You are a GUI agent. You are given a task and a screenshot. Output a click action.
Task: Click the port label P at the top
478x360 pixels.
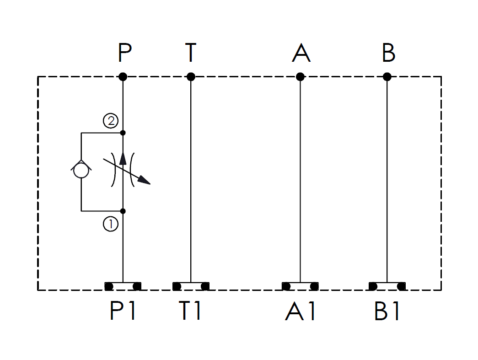click(125, 53)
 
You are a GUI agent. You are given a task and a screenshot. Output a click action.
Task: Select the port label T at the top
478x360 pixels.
click(191, 53)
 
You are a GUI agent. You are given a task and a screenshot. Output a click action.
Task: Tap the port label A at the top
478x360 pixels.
click(301, 53)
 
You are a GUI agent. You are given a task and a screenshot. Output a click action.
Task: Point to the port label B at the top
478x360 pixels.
click(389, 53)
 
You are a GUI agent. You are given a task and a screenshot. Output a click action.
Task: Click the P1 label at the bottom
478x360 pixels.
click(123, 311)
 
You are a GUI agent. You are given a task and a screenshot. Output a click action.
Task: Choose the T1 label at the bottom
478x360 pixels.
click(190, 311)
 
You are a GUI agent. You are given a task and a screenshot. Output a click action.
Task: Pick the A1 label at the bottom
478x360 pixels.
click(300, 311)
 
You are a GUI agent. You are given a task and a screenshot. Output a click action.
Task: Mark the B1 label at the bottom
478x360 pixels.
click(387, 311)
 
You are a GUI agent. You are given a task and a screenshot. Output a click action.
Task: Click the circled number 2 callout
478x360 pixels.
click(111, 121)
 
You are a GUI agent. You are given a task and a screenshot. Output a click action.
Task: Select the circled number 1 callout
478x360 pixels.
click(111, 224)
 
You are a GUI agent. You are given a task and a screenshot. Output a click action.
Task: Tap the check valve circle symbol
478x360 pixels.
click(81, 170)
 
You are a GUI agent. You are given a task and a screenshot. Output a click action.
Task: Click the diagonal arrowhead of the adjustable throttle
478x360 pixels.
click(144, 180)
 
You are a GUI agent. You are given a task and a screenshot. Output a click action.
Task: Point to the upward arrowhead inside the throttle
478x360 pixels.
click(123, 158)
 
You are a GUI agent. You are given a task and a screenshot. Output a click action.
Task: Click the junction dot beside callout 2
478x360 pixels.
click(123, 133)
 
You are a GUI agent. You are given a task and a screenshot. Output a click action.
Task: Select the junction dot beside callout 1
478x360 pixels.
click(123, 211)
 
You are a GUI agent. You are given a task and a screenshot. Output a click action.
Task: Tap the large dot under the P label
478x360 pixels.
click(123, 76)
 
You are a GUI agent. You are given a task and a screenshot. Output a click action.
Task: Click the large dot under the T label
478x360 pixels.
click(191, 76)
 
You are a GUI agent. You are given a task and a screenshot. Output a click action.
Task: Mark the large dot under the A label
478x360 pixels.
click(300, 76)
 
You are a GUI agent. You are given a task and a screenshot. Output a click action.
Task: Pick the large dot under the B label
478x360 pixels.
click(387, 76)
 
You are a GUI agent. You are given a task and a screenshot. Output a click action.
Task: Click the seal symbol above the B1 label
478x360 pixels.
click(387, 286)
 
